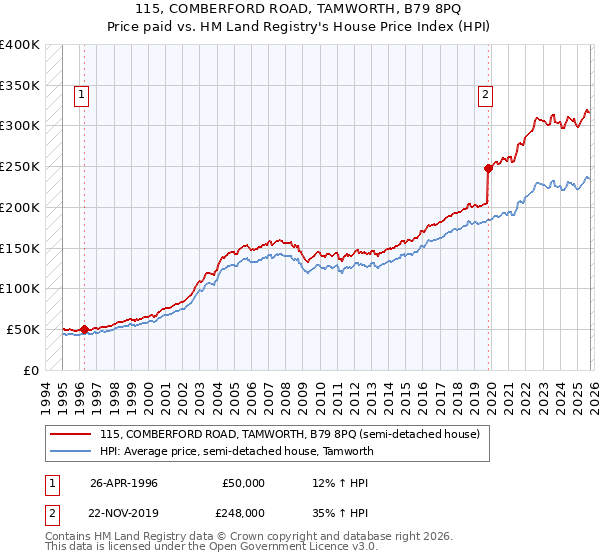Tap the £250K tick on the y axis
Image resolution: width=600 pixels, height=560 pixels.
[x=20, y=166]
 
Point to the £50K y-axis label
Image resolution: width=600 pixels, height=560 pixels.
[x=23, y=329]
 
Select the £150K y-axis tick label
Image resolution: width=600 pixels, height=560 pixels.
[x=20, y=247]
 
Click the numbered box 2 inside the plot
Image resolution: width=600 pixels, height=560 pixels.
[x=485, y=96]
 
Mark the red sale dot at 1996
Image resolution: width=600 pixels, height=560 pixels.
[x=85, y=328]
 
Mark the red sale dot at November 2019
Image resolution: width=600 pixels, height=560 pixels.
[x=488, y=168]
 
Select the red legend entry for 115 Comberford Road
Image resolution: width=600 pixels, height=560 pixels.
[x=290, y=434]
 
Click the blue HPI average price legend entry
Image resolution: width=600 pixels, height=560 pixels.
[x=236, y=451]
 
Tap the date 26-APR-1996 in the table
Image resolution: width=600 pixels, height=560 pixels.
[x=123, y=483]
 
